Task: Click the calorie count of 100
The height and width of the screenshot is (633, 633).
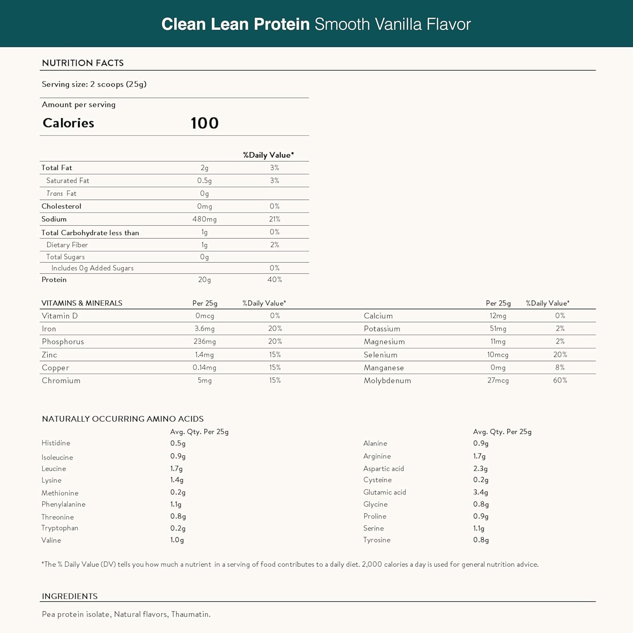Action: [x=205, y=123]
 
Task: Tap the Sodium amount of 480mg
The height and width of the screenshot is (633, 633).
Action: [x=205, y=219]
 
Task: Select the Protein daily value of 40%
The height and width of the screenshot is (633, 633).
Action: [x=275, y=279]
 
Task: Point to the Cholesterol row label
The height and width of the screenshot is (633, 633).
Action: [x=61, y=206]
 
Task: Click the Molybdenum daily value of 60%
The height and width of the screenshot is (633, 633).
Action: [x=560, y=380]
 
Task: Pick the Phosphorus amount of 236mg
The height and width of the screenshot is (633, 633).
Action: [x=205, y=341]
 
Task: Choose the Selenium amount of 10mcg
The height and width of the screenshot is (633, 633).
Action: [x=498, y=355]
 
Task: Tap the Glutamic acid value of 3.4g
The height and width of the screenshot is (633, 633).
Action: [x=481, y=492]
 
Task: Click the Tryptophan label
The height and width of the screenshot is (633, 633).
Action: [x=60, y=528]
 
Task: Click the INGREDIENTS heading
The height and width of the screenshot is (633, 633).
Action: [x=70, y=596]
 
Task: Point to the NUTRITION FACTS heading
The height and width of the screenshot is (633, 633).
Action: [x=83, y=63]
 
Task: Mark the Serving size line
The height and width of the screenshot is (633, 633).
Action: [x=94, y=84]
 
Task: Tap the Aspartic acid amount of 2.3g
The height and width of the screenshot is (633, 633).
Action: [x=481, y=468]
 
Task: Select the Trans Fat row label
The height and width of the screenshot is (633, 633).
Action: [x=61, y=193]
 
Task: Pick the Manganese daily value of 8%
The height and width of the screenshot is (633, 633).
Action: [x=560, y=368]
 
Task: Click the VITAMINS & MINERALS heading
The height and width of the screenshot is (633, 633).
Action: [x=82, y=303]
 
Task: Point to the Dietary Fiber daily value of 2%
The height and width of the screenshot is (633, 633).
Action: [x=275, y=245]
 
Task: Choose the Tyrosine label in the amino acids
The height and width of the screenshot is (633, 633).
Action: [x=377, y=540]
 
